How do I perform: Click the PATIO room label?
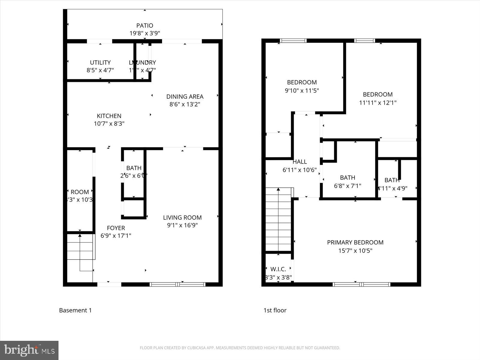pos(145,25)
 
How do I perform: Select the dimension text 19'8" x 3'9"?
pos(145,33)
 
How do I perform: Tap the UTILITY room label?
pos(100,62)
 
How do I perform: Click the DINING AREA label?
pos(185,97)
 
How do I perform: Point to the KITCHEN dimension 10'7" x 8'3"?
pos(109,124)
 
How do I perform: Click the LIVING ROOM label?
pos(182,217)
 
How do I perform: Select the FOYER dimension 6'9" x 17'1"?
pos(116,236)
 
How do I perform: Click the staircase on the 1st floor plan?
pos(278,219)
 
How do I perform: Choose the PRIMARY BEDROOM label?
pos(355,242)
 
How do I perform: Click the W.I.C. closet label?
pos(278,269)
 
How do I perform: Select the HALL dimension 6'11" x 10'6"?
pos(299,170)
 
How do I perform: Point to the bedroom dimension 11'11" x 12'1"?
pos(378,103)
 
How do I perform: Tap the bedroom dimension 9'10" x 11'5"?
pos(301,90)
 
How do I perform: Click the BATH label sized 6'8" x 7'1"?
pos(347,178)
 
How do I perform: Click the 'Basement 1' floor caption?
pos(75,310)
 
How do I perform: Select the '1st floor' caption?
pos(275,310)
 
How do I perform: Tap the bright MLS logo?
pos(29,350)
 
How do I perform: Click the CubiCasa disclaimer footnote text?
pos(240,348)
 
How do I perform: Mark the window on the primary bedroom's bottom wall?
pos(361,284)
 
